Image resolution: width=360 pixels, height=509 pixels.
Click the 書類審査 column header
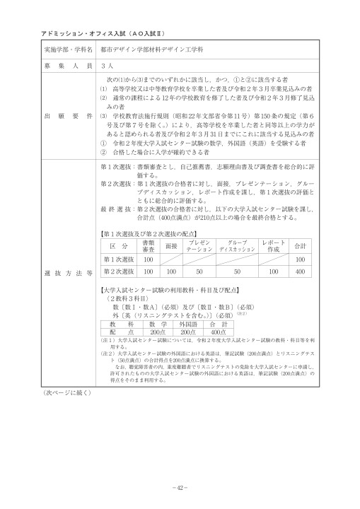(x=149, y=246)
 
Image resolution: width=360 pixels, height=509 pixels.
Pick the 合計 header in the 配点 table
(x=299, y=246)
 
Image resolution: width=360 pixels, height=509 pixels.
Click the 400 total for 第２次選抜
(x=299, y=271)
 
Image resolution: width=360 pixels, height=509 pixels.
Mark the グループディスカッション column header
(x=238, y=246)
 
